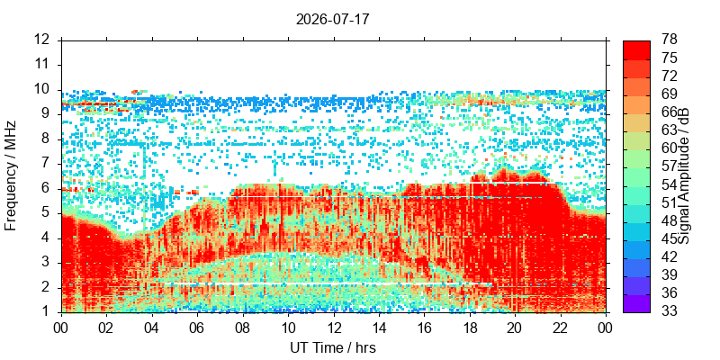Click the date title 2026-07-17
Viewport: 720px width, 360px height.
pos(332,20)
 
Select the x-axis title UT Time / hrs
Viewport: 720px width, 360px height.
pos(333,347)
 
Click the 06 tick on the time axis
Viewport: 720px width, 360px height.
pos(197,328)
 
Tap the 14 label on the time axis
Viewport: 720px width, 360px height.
pos(379,328)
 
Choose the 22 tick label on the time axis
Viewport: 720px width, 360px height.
pos(561,328)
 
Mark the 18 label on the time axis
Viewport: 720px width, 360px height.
pos(470,328)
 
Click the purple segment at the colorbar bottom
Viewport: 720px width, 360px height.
pos(636,303)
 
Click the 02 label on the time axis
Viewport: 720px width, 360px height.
pos(106,328)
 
